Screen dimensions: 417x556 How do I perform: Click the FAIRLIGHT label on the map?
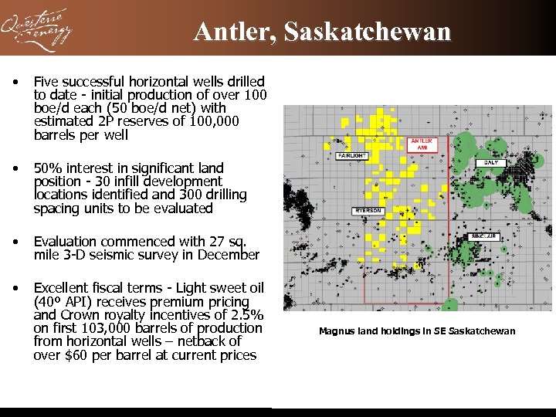coord(352,155)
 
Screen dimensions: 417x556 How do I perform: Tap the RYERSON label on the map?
coord(368,211)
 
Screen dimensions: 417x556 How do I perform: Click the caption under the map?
coord(416,331)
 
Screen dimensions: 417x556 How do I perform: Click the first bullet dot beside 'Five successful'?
coord(15,81)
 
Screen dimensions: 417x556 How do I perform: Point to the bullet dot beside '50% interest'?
coord(15,168)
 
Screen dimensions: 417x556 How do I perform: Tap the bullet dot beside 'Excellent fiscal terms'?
coord(15,289)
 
